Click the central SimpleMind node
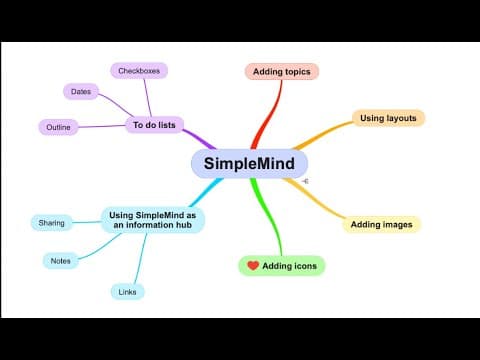coord(249,163)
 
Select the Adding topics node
coord(282,71)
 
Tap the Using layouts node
coord(388,118)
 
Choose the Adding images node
coord(382,224)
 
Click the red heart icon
coord(253,265)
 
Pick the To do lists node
coord(154,125)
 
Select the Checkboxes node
coord(139,71)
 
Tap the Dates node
coord(81,91)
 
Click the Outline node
coord(58,127)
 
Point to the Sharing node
coord(51,223)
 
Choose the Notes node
coord(61,261)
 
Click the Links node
coord(127,292)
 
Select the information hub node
coord(153,220)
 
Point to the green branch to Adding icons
coord(268,217)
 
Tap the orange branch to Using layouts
coord(322,134)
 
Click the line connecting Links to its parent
coord(141,259)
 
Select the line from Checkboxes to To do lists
coord(148,98)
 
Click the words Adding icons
coord(289,266)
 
